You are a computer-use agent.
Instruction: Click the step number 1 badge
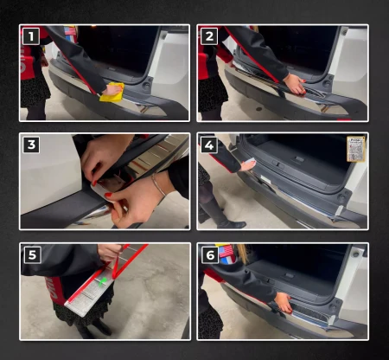[31, 36]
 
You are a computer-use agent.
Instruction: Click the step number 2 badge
[209, 36]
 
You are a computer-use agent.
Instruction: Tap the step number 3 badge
[31, 145]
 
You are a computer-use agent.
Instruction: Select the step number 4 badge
[209, 145]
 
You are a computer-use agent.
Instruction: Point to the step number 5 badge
[32, 254]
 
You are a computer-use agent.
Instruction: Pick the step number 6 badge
[210, 254]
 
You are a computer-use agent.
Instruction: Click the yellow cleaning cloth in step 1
[112, 93]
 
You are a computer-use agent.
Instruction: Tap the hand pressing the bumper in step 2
[295, 84]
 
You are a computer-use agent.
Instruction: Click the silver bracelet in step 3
[158, 184]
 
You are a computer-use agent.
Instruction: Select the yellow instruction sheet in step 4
[356, 149]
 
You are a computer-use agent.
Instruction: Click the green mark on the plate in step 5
[103, 281]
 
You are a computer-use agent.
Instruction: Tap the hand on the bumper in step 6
[284, 302]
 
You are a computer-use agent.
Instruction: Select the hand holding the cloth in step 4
[247, 166]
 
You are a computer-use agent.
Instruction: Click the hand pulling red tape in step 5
[110, 252]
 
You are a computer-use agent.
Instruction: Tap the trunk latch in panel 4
[299, 159]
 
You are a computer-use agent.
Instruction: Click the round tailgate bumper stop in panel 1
[146, 86]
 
